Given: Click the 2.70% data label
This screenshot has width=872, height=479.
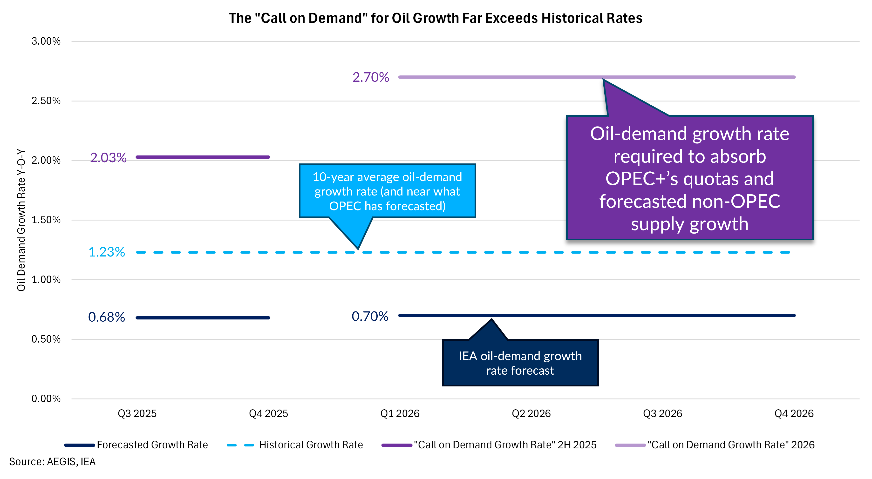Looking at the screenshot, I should coord(371,77).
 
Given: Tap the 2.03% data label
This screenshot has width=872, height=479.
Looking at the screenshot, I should coord(108,158).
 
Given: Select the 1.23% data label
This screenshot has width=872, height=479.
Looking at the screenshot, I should coord(107,252).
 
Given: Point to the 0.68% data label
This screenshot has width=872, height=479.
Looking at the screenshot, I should coord(107,317).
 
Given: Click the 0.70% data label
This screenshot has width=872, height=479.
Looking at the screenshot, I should coord(370,316).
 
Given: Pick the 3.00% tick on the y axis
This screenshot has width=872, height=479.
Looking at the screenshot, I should coord(46,41).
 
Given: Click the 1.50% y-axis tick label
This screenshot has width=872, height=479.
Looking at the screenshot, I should coord(46,220).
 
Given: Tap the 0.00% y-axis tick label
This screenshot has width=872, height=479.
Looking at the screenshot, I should coord(46,398).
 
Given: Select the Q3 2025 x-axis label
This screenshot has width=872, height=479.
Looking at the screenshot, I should coord(137,413).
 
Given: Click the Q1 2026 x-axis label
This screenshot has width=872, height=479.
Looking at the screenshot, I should coord(400,413).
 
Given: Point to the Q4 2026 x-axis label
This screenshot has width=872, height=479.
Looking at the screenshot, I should coord(794,413).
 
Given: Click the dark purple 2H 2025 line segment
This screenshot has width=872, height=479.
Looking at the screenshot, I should coord(203,157).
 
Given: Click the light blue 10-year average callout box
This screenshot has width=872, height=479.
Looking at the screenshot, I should coord(387,191).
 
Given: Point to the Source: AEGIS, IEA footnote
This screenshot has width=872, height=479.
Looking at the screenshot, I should coord(53,462).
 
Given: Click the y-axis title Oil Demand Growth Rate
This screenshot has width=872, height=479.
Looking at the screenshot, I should coord(21,220).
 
